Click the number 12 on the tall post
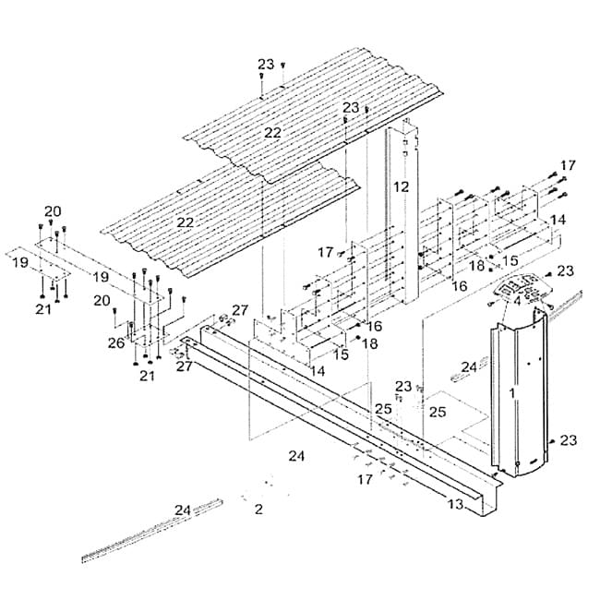coord(401,186)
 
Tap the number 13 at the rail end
coord(455,504)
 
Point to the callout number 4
coord(517,300)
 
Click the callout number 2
coord(258,509)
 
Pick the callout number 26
coord(115,343)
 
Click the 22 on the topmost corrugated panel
coord(272,133)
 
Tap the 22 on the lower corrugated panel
coord(186,222)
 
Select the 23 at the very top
coord(266,64)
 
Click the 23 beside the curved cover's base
coord(568,440)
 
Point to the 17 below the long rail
coord(366,479)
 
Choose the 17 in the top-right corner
coord(568,165)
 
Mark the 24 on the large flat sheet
coord(296,455)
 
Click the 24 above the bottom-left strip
coord(183,509)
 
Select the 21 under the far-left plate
coord(43,308)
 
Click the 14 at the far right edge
coord(558,221)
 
